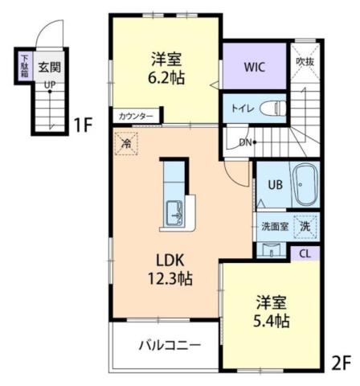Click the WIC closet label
[255, 67]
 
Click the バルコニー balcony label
[168, 346]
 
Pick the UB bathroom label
[273, 184]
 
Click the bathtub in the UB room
[305, 187]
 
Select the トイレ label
[243, 107]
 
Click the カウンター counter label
[134, 116]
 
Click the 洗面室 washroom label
[273, 226]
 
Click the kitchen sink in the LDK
[174, 214]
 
